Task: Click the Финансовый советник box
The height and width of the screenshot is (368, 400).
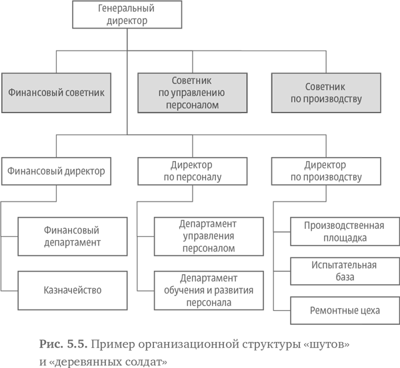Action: (56, 92)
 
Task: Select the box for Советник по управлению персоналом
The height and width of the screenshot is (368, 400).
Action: (192, 92)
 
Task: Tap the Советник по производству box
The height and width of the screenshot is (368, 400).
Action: (326, 92)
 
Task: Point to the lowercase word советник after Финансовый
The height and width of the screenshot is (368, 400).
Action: (85, 92)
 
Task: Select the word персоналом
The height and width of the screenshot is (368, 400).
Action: (192, 104)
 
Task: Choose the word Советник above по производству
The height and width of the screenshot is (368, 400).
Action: (326, 87)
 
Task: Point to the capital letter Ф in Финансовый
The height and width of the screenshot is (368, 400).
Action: (11, 92)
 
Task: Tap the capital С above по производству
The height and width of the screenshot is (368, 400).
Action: (308, 87)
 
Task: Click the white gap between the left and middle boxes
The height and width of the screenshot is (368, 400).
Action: (125, 92)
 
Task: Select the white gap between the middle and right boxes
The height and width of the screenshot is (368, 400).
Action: (259, 92)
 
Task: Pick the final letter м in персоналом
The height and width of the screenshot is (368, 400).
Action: (216, 105)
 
